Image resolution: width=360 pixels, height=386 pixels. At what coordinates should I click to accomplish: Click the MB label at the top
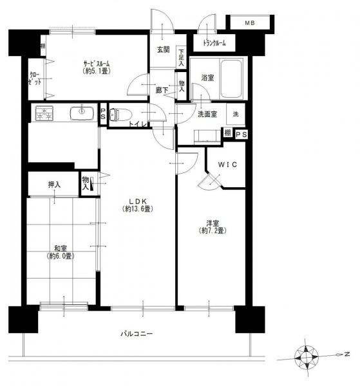tap(250, 23)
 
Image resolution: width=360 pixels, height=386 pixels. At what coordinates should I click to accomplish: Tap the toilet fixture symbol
tap(120, 115)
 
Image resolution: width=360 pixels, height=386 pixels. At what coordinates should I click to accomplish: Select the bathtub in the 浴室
tap(231, 78)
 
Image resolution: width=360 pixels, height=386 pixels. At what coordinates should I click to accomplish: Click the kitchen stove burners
tap(44, 113)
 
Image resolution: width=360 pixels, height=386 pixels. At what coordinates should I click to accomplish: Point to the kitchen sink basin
tap(82, 113)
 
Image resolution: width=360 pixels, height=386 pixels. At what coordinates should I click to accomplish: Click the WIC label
tap(227, 165)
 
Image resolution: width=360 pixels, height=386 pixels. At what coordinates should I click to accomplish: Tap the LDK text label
tap(138, 201)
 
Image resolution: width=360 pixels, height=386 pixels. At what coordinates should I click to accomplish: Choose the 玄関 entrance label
tap(163, 50)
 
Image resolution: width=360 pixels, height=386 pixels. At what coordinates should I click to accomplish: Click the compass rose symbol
tap(307, 357)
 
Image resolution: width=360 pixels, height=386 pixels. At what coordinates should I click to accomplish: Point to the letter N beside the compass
tap(347, 354)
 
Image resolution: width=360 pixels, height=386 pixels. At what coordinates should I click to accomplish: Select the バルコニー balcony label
tap(137, 334)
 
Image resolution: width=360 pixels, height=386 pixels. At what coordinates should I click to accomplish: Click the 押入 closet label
tap(54, 185)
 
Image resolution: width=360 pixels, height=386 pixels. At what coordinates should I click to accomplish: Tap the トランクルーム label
tap(214, 43)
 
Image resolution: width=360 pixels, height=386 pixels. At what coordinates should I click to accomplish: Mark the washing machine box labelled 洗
tap(236, 114)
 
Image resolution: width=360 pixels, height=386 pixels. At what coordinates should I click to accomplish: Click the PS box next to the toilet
tap(103, 115)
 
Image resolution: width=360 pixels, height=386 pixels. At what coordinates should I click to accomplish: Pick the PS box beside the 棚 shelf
tap(242, 134)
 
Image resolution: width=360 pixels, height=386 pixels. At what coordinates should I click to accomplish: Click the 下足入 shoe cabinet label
tap(182, 58)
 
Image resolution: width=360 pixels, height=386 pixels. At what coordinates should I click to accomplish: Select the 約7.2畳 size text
tap(213, 231)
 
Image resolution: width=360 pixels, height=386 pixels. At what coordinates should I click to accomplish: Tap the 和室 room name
tap(61, 248)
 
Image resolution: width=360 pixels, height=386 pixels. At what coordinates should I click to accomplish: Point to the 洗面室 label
tap(207, 115)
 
